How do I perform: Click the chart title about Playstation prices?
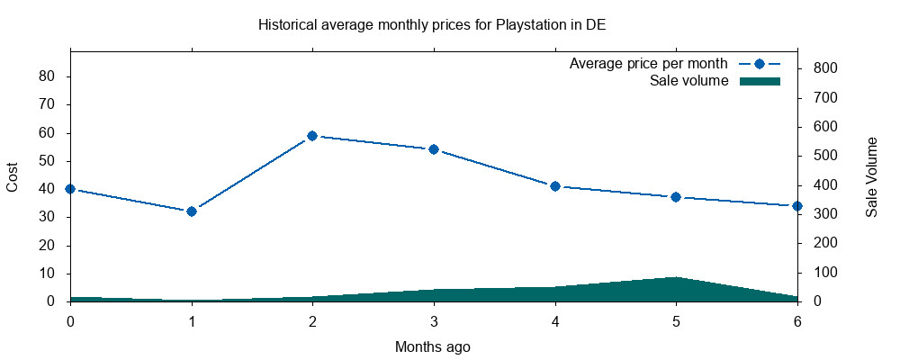coord(431,24)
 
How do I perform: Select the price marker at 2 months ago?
coord(312,136)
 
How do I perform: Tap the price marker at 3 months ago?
coord(434,149)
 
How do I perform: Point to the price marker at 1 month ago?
coord(191,211)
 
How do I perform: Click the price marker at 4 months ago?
coord(555,186)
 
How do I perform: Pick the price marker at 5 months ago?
coord(676,197)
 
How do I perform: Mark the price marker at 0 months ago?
coord(70,189)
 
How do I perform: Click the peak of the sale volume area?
coord(676,278)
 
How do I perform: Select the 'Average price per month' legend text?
coord(648,64)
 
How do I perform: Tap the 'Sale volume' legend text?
coord(688,81)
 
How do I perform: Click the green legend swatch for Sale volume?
coord(759,81)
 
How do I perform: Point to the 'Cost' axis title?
coord(13,177)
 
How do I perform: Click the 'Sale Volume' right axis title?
coord(871,177)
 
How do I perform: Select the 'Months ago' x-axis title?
coord(432,346)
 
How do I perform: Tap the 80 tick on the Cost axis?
coord(48,76)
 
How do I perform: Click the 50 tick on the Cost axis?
coord(48,161)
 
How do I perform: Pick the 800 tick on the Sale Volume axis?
coord(825,68)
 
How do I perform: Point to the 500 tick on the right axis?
coord(825,156)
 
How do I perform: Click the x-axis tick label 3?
coord(434,319)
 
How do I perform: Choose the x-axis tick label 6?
coord(797,319)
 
